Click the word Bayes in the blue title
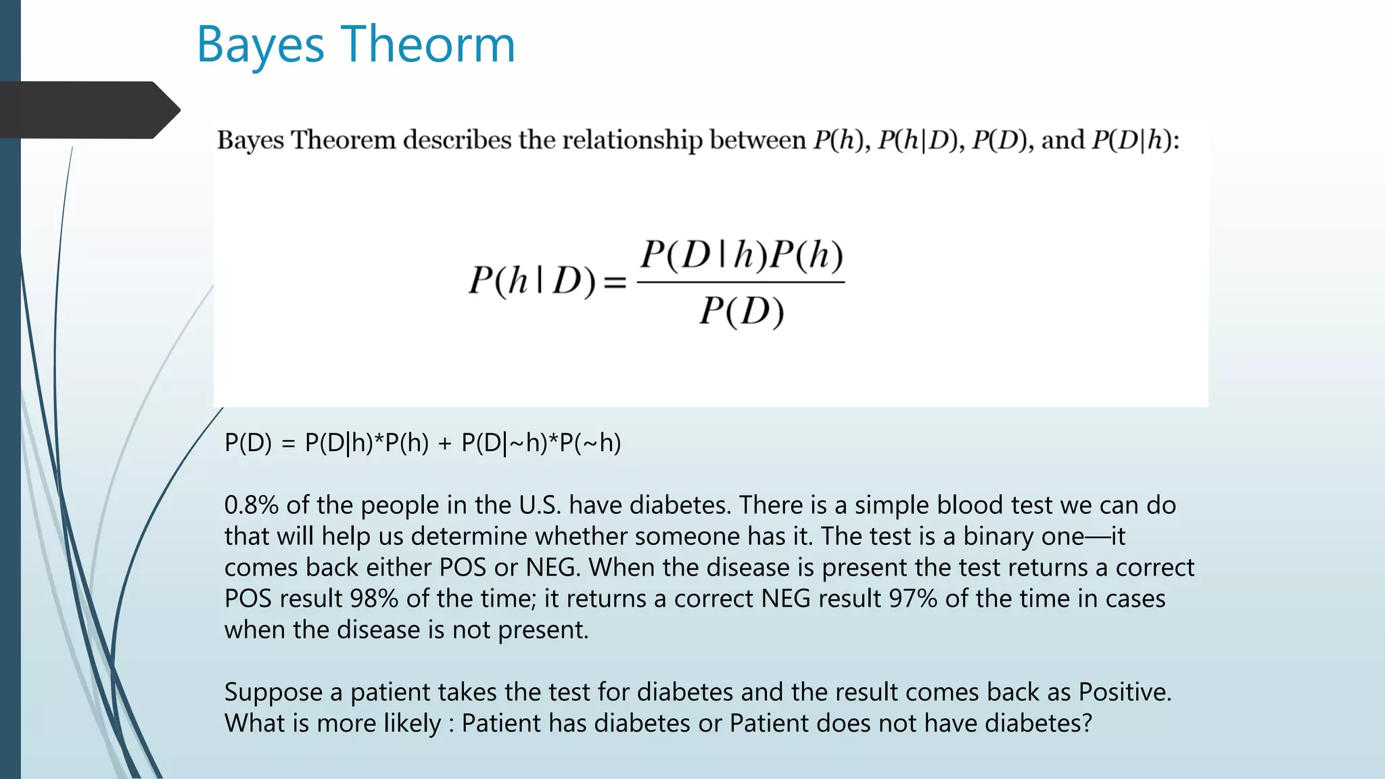260,45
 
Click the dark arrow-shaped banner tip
167,110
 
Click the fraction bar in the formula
741,282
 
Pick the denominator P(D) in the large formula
741,312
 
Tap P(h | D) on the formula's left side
532,281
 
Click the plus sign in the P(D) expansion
444,444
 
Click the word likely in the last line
412,724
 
